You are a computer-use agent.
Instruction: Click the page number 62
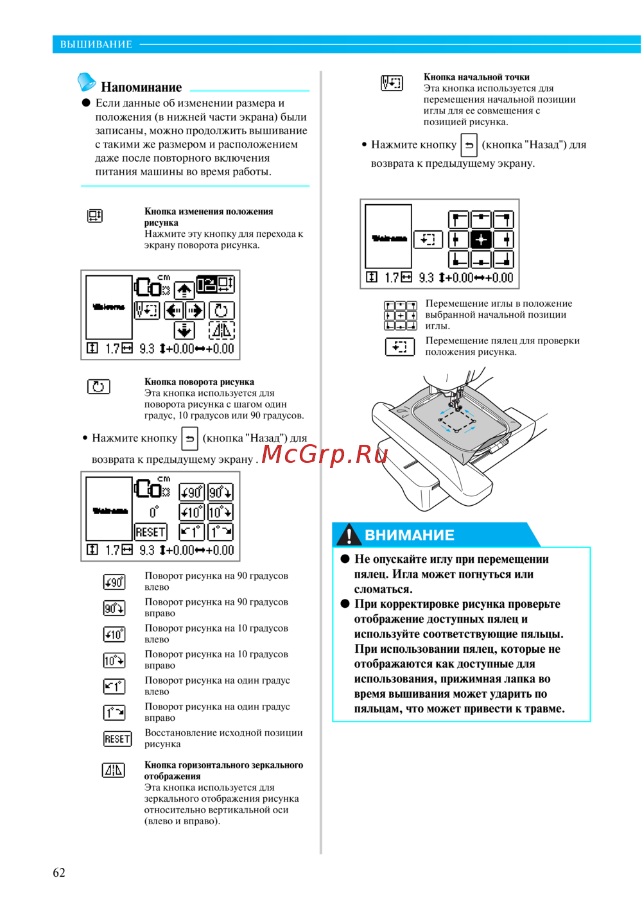(x=58, y=872)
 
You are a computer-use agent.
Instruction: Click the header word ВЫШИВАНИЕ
(x=96, y=44)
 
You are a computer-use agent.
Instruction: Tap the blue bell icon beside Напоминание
(x=86, y=82)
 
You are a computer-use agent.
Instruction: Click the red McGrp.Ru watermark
(x=324, y=454)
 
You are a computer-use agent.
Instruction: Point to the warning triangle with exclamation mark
(x=349, y=534)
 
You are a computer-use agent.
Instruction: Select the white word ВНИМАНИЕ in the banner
(x=410, y=535)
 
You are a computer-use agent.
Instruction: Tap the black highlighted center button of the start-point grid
(x=481, y=239)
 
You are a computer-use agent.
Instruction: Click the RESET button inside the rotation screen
(x=151, y=531)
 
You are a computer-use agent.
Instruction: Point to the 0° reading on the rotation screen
(x=154, y=512)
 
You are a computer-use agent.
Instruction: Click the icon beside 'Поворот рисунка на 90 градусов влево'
(x=114, y=582)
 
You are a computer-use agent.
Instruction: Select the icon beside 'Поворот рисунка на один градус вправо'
(x=114, y=713)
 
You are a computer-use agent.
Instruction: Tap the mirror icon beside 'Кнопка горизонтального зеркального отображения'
(x=114, y=770)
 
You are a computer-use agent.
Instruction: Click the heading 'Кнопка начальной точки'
(x=476, y=77)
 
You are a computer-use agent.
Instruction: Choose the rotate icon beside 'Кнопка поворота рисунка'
(x=98, y=386)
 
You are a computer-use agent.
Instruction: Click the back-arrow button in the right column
(x=469, y=145)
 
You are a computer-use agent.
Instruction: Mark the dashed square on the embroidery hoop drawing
(x=457, y=420)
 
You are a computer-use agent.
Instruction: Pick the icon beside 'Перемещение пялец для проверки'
(x=400, y=347)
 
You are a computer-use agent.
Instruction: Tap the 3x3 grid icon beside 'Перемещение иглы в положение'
(x=400, y=315)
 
